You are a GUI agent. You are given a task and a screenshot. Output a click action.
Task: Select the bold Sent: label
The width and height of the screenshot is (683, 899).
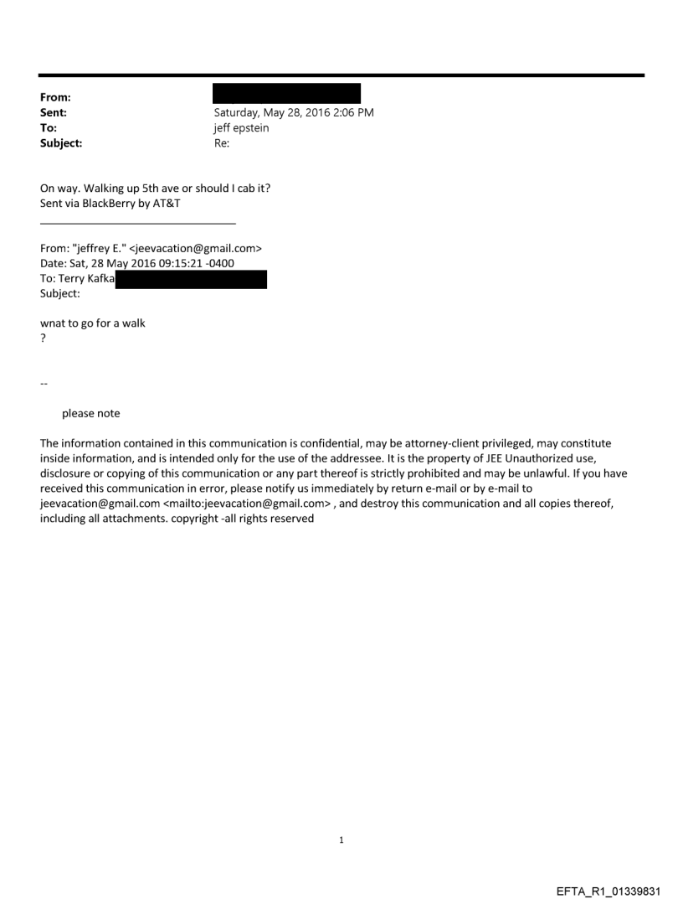(x=53, y=112)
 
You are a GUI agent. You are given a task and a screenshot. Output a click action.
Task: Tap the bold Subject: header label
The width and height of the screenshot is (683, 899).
(x=61, y=143)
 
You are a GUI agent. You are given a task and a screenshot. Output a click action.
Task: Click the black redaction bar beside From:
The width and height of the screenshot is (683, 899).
(x=286, y=93)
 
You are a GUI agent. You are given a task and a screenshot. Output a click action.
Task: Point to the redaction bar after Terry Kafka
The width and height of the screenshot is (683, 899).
(x=191, y=280)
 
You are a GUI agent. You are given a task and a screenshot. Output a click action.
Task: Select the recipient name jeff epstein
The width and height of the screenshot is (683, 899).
(x=242, y=128)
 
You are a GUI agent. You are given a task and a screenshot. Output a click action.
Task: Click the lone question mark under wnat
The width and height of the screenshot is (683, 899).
(x=43, y=338)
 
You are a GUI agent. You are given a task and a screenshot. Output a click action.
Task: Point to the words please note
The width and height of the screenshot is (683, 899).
(x=91, y=413)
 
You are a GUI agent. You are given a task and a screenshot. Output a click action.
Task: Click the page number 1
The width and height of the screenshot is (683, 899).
(x=341, y=840)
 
